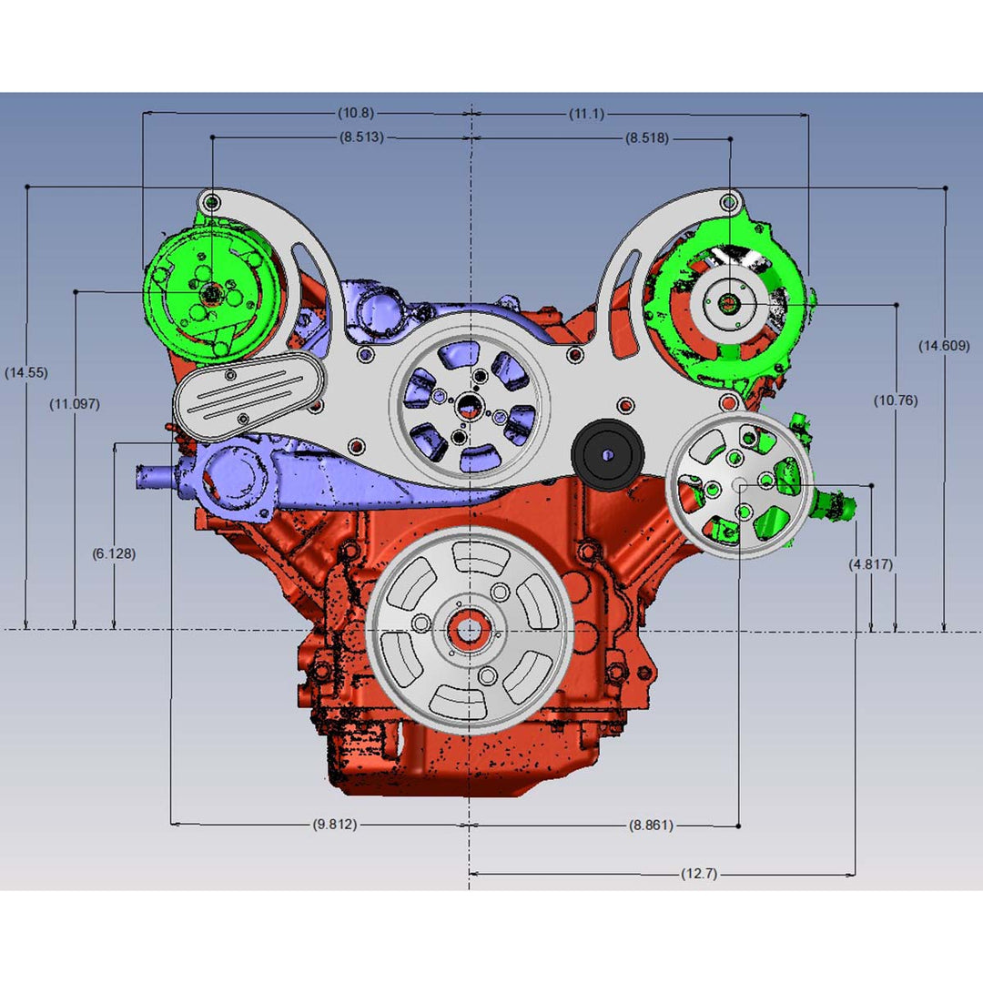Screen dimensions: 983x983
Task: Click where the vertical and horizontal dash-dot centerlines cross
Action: (x=470, y=630)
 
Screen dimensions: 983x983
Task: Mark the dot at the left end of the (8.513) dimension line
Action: (x=212, y=137)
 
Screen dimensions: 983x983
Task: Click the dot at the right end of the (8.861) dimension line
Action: (x=738, y=826)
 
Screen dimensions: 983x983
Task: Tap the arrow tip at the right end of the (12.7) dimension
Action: (x=855, y=875)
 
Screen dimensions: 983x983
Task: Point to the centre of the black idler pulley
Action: (x=607, y=454)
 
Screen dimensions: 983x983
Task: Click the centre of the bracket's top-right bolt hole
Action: (x=729, y=202)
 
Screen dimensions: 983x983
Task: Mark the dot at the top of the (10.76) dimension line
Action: (x=897, y=305)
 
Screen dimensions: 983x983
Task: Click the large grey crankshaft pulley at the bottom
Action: (x=469, y=630)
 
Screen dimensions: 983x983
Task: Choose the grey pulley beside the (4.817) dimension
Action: (x=740, y=484)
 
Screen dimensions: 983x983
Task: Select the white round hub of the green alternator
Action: (x=729, y=303)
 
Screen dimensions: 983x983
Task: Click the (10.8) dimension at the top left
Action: (x=356, y=113)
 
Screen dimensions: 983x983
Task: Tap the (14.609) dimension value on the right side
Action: (x=944, y=346)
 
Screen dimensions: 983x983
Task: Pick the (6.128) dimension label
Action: (x=114, y=553)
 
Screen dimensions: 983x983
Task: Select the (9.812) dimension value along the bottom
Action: (x=335, y=824)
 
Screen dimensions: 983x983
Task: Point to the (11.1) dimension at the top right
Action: (x=587, y=114)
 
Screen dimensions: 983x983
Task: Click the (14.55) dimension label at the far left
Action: (x=26, y=372)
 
